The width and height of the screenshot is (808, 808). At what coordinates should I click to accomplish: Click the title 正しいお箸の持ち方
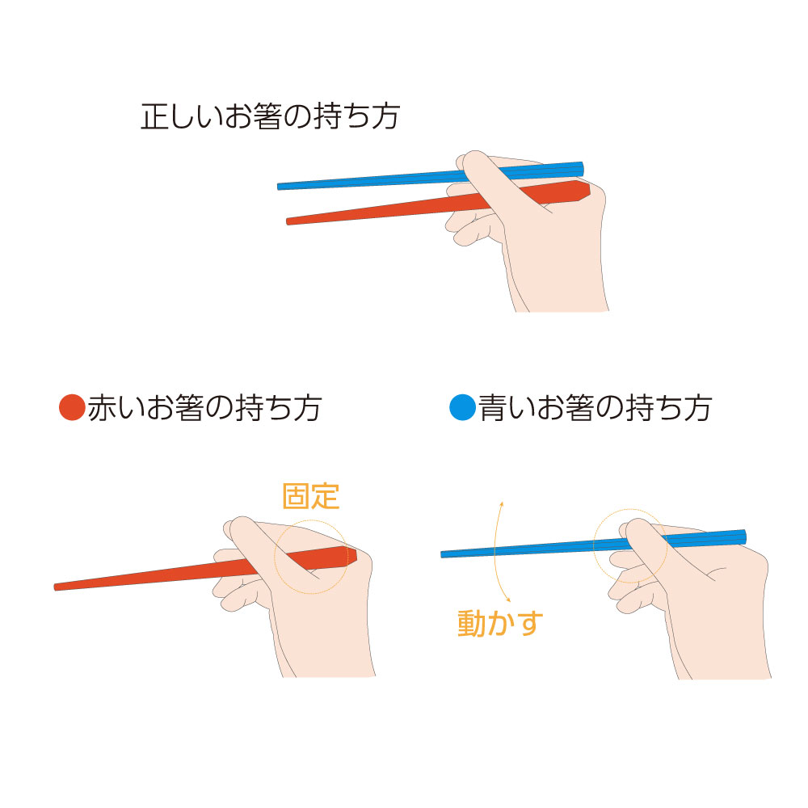tap(270, 116)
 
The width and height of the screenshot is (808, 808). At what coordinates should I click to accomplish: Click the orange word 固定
tap(310, 496)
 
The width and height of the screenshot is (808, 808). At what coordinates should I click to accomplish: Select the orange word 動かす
tap(501, 623)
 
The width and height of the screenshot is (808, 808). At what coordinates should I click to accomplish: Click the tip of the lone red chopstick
tap(57, 586)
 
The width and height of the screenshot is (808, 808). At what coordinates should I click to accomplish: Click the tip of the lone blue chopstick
tap(444, 554)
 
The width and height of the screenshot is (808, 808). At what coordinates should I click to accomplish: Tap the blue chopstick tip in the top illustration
tap(280, 186)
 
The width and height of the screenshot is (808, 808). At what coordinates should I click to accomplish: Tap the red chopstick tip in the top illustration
tap(289, 221)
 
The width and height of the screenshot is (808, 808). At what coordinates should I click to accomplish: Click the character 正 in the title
tap(154, 116)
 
